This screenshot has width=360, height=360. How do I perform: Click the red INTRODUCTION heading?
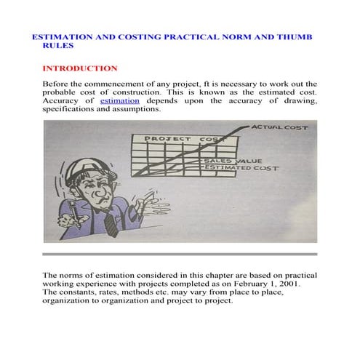coord(80,68)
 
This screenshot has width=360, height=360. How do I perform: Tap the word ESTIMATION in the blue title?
coord(62,36)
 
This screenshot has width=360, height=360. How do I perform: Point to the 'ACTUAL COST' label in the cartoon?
coord(279,127)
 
